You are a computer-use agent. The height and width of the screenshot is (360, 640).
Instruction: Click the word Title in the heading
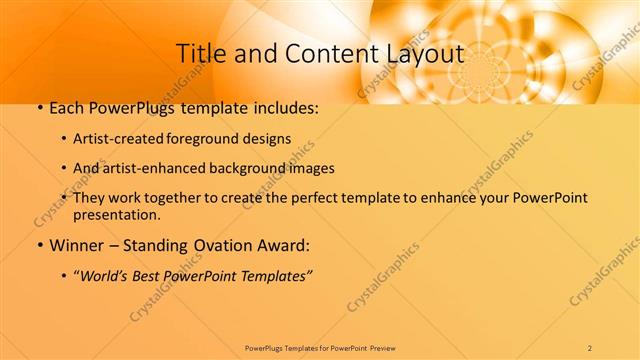pos(199,54)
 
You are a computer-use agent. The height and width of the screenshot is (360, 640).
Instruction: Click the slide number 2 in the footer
pos(590,347)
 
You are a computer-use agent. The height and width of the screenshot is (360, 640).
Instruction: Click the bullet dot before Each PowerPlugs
pos(39,109)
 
